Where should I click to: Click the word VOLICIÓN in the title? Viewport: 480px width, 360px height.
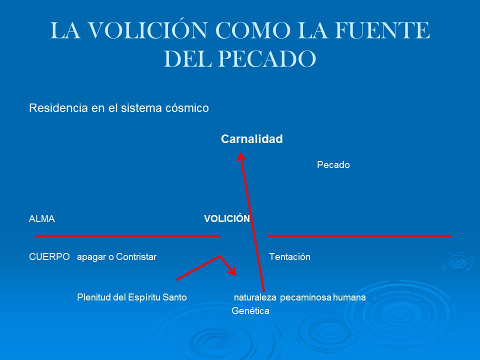click(158, 31)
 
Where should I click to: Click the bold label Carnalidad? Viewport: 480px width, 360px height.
click(251, 139)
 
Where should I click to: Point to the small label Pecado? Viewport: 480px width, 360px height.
click(333, 165)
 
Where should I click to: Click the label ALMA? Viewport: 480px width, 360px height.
click(41, 219)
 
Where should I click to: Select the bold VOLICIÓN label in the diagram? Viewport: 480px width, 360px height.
click(226, 219)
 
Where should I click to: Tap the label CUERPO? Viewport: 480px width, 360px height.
click(49, 257)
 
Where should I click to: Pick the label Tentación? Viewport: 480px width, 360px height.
click(289, 257)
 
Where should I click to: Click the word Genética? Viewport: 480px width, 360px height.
click(250, 311)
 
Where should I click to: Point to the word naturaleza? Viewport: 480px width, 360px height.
click(255, 298)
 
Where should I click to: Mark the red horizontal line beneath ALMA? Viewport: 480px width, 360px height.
click(127, 235)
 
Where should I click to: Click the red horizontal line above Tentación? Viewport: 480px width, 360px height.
click(360, 235)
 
